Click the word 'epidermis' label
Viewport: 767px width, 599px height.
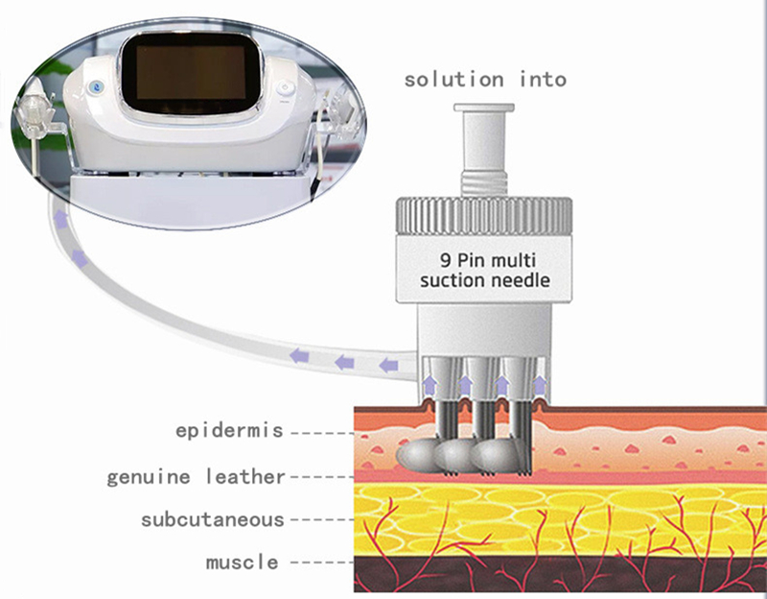pyautogui.click(x=229, y=430)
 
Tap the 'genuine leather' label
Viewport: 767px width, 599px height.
pyautogui.click(x=196, y=476)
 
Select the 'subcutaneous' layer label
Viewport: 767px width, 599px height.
pyautogui.click(x=213, y=519)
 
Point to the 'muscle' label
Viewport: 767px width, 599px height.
pyautogui.click(x=243, y=562)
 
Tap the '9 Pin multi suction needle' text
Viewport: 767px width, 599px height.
pyautogui.click(x=485, y=270)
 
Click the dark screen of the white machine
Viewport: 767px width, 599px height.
pyautogui.click(x=191, y=73)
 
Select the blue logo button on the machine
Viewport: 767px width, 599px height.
pyautogui.click(x=93, y=87)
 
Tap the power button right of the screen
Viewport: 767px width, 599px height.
pyautogui.click(x=285, y=88)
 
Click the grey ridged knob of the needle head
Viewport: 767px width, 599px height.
pyautogui.click(x=484, y=216)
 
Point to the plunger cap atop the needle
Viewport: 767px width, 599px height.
pyautogui.click(x=484, y=108)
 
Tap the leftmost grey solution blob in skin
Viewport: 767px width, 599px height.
pyautogui.click(x=416, y=454)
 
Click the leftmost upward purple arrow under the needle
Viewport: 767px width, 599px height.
pyautogui.click(x=429, y=385)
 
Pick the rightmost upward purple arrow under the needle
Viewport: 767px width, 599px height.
pyautogui.click(x=539, y=385)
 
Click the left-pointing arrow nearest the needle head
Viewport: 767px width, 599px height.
pyautogui.click(x=389, y=366)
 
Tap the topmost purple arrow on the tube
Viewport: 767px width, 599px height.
pyautogui.click(x=60, y=220)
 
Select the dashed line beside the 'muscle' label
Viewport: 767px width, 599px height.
pyautogui.click(x=322, y=563)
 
